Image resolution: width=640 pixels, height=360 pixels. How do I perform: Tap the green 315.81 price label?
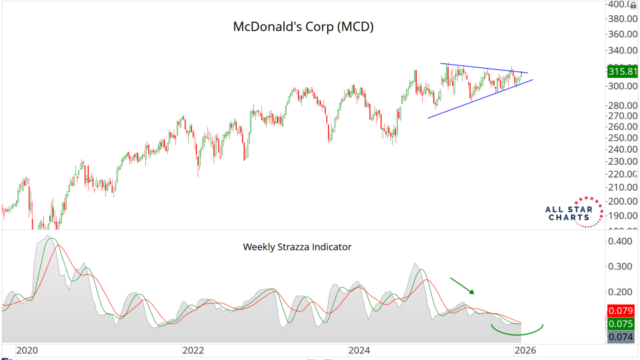point(622,71)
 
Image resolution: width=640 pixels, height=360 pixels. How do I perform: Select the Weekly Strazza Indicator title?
point(297,247)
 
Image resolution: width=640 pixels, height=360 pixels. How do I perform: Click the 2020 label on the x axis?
point(27,349)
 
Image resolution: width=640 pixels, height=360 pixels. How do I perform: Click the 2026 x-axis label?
point(525,349)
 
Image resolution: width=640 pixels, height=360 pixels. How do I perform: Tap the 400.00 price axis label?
point(623,5)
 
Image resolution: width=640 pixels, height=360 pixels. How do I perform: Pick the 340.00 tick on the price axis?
point(623,50)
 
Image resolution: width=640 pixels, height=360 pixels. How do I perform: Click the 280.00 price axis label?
point(623,105)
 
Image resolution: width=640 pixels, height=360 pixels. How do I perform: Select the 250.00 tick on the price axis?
point(623,137)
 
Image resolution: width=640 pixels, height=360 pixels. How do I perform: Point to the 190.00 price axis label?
point(623,215)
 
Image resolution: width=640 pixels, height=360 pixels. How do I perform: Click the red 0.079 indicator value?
point(621,311)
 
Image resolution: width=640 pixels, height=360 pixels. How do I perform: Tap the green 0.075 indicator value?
point(621,325)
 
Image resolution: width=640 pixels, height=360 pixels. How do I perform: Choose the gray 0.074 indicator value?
point(621,337)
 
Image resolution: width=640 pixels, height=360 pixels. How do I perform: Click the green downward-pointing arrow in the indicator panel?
point(462,286)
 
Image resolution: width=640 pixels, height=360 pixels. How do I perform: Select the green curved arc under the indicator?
point(517,330)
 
